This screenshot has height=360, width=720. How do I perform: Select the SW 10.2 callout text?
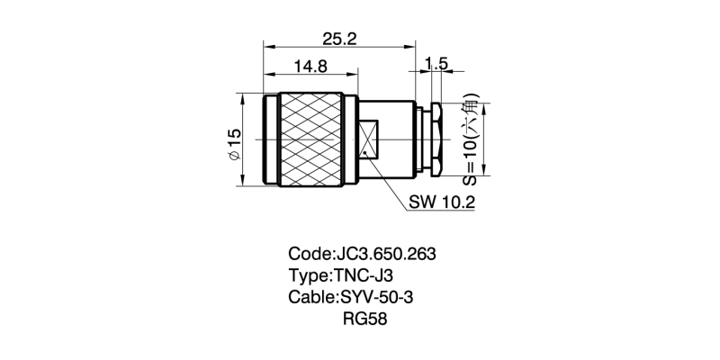[442, 202]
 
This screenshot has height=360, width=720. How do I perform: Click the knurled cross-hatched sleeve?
[311, 139]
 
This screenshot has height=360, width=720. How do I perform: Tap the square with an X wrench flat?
[369, 140]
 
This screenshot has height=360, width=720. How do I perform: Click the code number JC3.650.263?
[386, 254]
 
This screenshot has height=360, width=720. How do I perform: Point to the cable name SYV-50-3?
[381, 297]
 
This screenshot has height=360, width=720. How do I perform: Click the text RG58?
[364, 319]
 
